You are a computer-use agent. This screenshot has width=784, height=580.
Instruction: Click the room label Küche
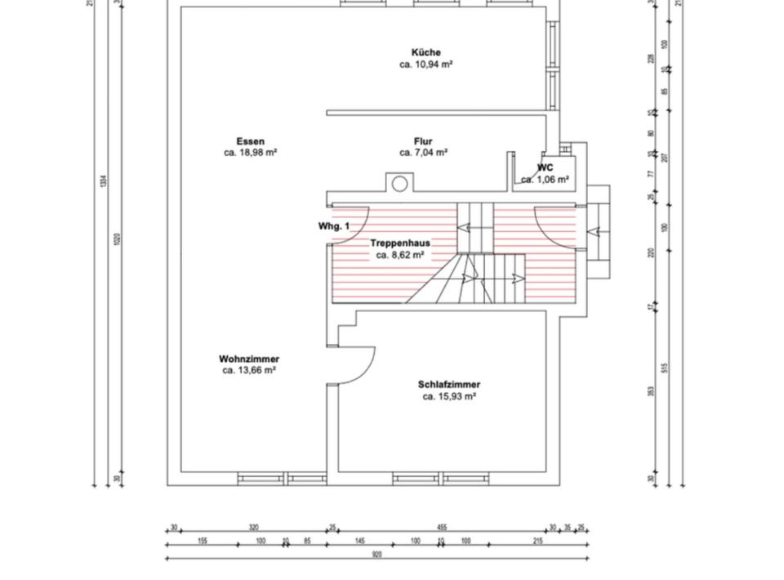click(x=426, y=52)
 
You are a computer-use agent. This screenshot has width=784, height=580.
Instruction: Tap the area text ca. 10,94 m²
click(x=426, y=64)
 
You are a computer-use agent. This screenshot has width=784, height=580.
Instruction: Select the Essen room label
click(x=251, y=141)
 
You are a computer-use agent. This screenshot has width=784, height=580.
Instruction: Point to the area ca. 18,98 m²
click(x=251, y=153)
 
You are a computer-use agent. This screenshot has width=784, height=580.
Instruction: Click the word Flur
click(x=423, y=141)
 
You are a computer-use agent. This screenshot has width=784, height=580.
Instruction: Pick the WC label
click(x=545, y=168)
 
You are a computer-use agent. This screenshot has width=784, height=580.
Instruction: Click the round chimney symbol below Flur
click(x=399, y=184)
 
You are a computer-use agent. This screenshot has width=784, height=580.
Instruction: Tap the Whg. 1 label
click(x=334, y=226)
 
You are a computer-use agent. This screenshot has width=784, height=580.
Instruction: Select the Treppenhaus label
click(x=400, y=243)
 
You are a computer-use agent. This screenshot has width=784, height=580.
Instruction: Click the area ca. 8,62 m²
click(x=400, y=255)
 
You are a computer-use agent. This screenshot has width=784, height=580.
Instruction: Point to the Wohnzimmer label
click(x=249, y=359)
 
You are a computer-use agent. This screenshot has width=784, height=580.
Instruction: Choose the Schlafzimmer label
click(x=449, y=385)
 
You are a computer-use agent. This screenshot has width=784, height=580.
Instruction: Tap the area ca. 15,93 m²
click(x=449, y=396)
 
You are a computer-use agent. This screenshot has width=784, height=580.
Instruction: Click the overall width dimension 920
click(x=376, y=555)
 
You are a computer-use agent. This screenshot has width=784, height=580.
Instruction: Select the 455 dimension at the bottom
click(x=441, y=528)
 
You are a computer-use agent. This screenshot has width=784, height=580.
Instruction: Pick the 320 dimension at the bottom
click(x=253, y=528)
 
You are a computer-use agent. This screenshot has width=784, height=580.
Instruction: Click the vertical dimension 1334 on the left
click(x=103, y=181)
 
